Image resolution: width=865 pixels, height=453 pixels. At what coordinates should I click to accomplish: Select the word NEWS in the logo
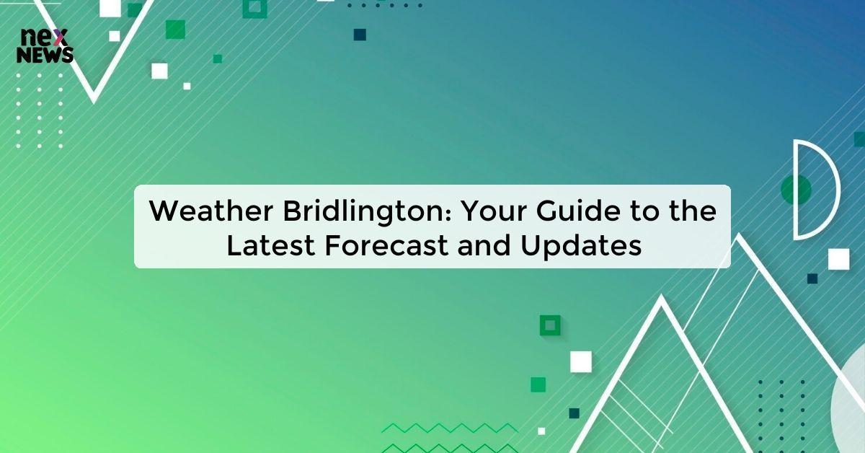45,55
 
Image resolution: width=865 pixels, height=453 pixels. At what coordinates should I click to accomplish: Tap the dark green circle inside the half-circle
796,189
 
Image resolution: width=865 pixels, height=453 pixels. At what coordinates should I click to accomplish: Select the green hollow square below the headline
550,325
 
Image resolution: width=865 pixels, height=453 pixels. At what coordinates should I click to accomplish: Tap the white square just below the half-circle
838,258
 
